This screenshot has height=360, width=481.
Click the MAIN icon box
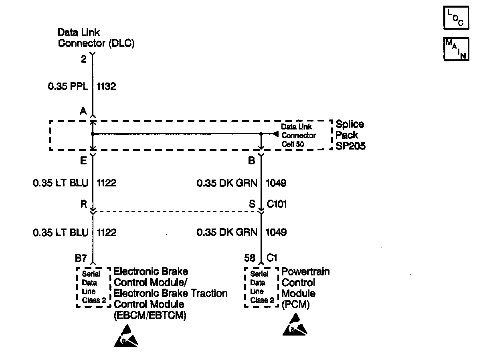456,49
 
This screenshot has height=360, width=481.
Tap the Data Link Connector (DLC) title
96,38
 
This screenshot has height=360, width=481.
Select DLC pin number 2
83,59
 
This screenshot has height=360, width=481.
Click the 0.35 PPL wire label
68,86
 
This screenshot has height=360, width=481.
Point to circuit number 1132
106,86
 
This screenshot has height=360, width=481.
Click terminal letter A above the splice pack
83,111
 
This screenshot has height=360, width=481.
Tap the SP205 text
350,146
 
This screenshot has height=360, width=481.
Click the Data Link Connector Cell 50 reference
298,135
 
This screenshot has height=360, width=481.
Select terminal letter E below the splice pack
83,161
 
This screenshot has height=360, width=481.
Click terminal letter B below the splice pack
252,161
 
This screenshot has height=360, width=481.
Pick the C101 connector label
277,204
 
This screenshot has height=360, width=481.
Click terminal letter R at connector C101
83,204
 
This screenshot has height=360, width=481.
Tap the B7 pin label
81,258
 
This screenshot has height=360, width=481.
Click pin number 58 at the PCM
250,258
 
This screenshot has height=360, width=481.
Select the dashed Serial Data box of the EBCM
93,287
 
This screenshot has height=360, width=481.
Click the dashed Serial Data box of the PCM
262,287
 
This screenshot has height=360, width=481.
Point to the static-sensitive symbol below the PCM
295,325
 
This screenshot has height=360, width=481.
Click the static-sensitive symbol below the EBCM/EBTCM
127,336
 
